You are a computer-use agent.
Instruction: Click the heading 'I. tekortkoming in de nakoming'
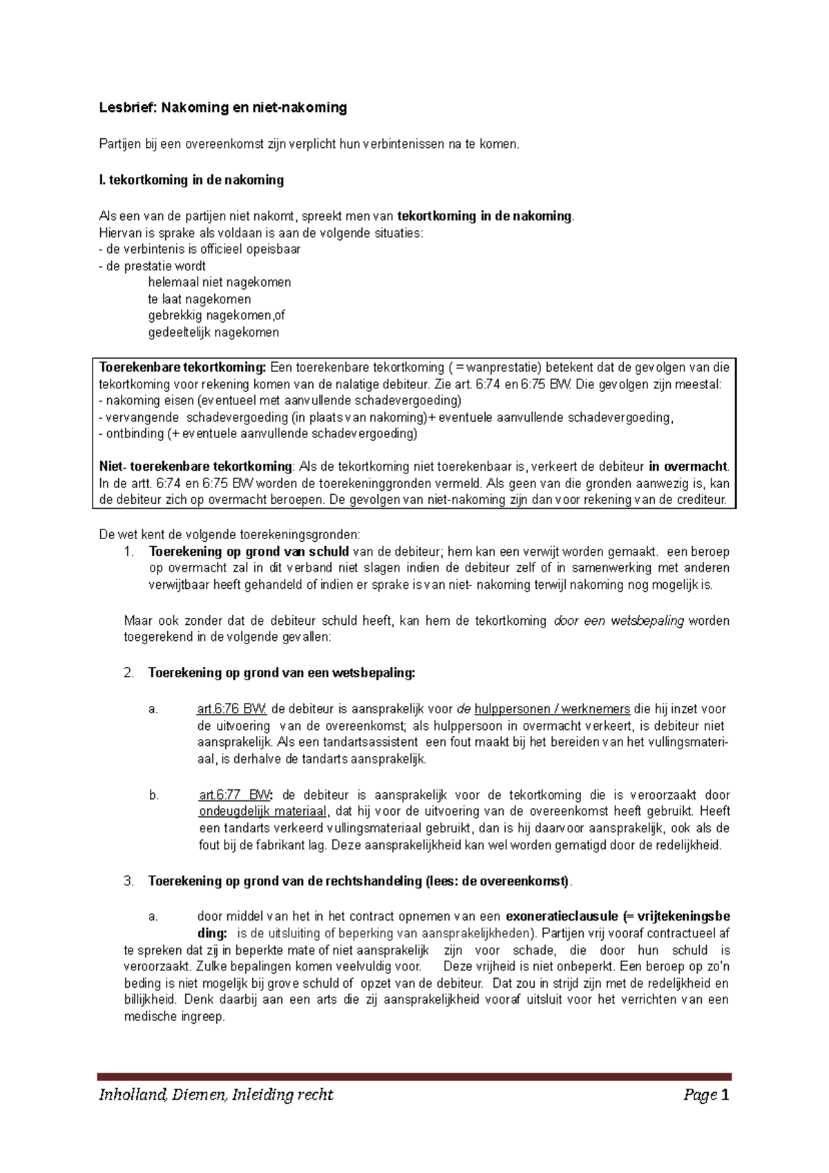click(x=191, y=180)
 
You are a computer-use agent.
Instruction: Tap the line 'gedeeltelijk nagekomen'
click(x=213, y=332)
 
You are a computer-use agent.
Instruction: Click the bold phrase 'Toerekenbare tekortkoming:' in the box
click(x=182, y=367)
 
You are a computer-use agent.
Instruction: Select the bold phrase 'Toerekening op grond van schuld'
click(x=249, y=552)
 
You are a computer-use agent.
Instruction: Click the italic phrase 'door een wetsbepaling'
click(x=619, y=621)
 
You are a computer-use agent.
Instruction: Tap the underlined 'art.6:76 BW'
click(x=231, y=709)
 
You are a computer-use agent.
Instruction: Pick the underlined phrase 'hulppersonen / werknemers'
click(x=552, y=709)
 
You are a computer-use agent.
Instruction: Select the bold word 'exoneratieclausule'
click(x=562, y=917)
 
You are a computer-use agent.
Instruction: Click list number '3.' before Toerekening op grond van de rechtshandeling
click(x=128, y=881)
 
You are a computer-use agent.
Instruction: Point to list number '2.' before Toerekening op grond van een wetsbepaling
click(x=128, y=673)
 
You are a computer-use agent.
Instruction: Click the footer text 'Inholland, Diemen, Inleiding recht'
click(x=216, y=1095)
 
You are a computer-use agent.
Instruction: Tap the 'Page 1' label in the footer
click(x=706, y=1095)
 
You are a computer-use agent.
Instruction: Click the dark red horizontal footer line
click(x=414, y=1076)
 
